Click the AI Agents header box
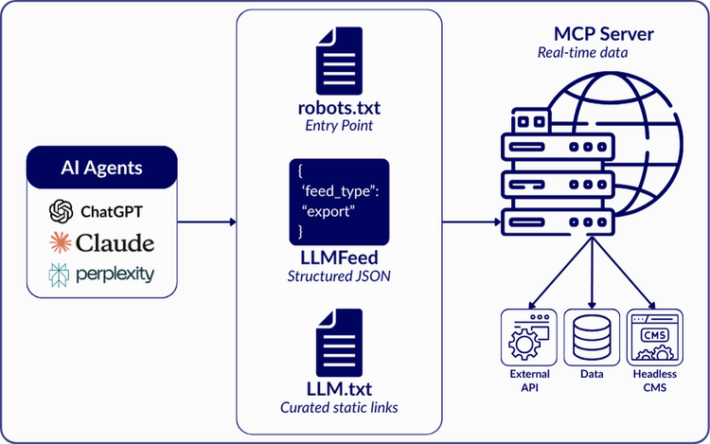click(x=102, y=169)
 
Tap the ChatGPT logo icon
click(x=62, y=210)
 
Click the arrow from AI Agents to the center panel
click(x=206, y=223)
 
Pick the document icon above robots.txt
click(x=340, y=62)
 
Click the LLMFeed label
click(x=339, y=258)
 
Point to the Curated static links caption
click(x=339, y=407)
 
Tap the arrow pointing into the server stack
click(x=473, y=223)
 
